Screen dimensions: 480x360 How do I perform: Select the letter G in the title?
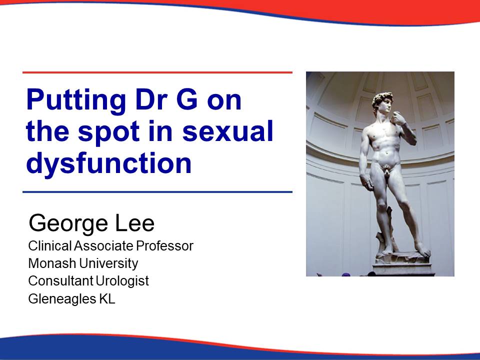(x=187, y=99)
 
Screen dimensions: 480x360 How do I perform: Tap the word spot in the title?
(x=108, y=132)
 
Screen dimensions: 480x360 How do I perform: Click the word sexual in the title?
(x=227, y=130)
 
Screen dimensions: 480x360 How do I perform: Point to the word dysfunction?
(x=109, y=163)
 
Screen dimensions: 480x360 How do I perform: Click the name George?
(x=68, y=224)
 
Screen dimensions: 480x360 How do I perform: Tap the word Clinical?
(x=50, y=245)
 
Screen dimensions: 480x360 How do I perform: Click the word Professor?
(x=164, y=245)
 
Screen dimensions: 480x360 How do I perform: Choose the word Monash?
(x=52, y=263)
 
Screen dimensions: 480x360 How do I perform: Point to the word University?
(x=108, y=263)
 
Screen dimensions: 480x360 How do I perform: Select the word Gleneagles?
(x=62, y=299)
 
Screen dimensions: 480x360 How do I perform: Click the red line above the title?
(x=157, y=72)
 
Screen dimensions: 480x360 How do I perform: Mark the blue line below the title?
(x=157, y=192)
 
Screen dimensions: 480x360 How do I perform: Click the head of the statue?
(x=382, y=102)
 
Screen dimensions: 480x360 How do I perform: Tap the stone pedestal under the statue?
(x=403, y=265)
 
